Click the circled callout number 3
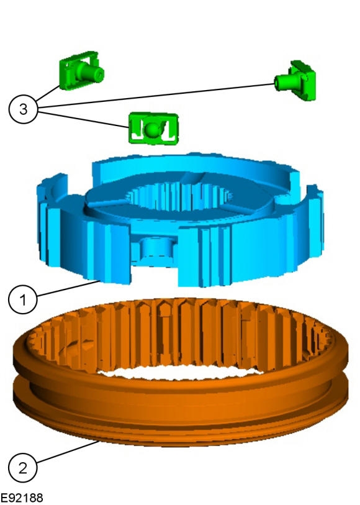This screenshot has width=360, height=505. [x=23, y=109]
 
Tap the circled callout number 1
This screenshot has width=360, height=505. [x=23, y=299]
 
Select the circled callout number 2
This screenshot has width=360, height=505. [x=23, y=467]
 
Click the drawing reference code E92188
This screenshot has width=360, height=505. [x=22, y=498]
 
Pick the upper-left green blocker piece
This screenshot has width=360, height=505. [x=81, y=70]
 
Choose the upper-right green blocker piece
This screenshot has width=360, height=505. [x=296, y=81]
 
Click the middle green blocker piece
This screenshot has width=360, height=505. [x=153, y=128]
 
